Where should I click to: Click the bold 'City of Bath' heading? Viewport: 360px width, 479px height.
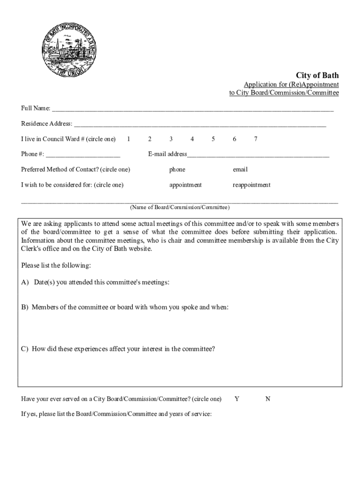click(317, 75)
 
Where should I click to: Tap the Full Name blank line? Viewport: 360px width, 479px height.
click(193, 109)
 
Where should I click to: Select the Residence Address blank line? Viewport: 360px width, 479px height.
click(200, 124)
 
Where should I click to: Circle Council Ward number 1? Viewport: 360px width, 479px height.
click(129, 139)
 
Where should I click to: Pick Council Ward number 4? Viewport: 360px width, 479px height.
click(192, 139)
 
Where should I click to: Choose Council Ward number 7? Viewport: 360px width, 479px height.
click(255, 139)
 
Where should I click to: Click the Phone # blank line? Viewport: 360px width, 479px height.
click(83, 155)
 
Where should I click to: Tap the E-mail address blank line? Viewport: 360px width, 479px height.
click(258, 155)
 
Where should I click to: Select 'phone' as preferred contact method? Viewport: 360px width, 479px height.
click(177, 169)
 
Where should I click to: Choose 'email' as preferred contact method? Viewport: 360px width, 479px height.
click(240, 169)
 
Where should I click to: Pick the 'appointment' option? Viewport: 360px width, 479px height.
click(186, 185)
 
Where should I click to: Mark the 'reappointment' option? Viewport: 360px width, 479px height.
click(252, 185)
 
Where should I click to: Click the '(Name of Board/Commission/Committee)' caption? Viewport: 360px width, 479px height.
click(180, 207)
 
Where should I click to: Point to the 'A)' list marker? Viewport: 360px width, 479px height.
click(25, 282)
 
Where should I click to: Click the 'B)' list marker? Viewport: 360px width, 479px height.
click(25, 307)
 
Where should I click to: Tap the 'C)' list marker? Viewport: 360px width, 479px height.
click(25, 348)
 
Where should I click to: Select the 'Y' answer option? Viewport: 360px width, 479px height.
click(237, 399)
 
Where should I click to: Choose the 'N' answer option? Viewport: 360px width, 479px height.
click(268, 399)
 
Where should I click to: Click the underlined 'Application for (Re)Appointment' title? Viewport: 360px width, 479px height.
click(291, 85)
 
